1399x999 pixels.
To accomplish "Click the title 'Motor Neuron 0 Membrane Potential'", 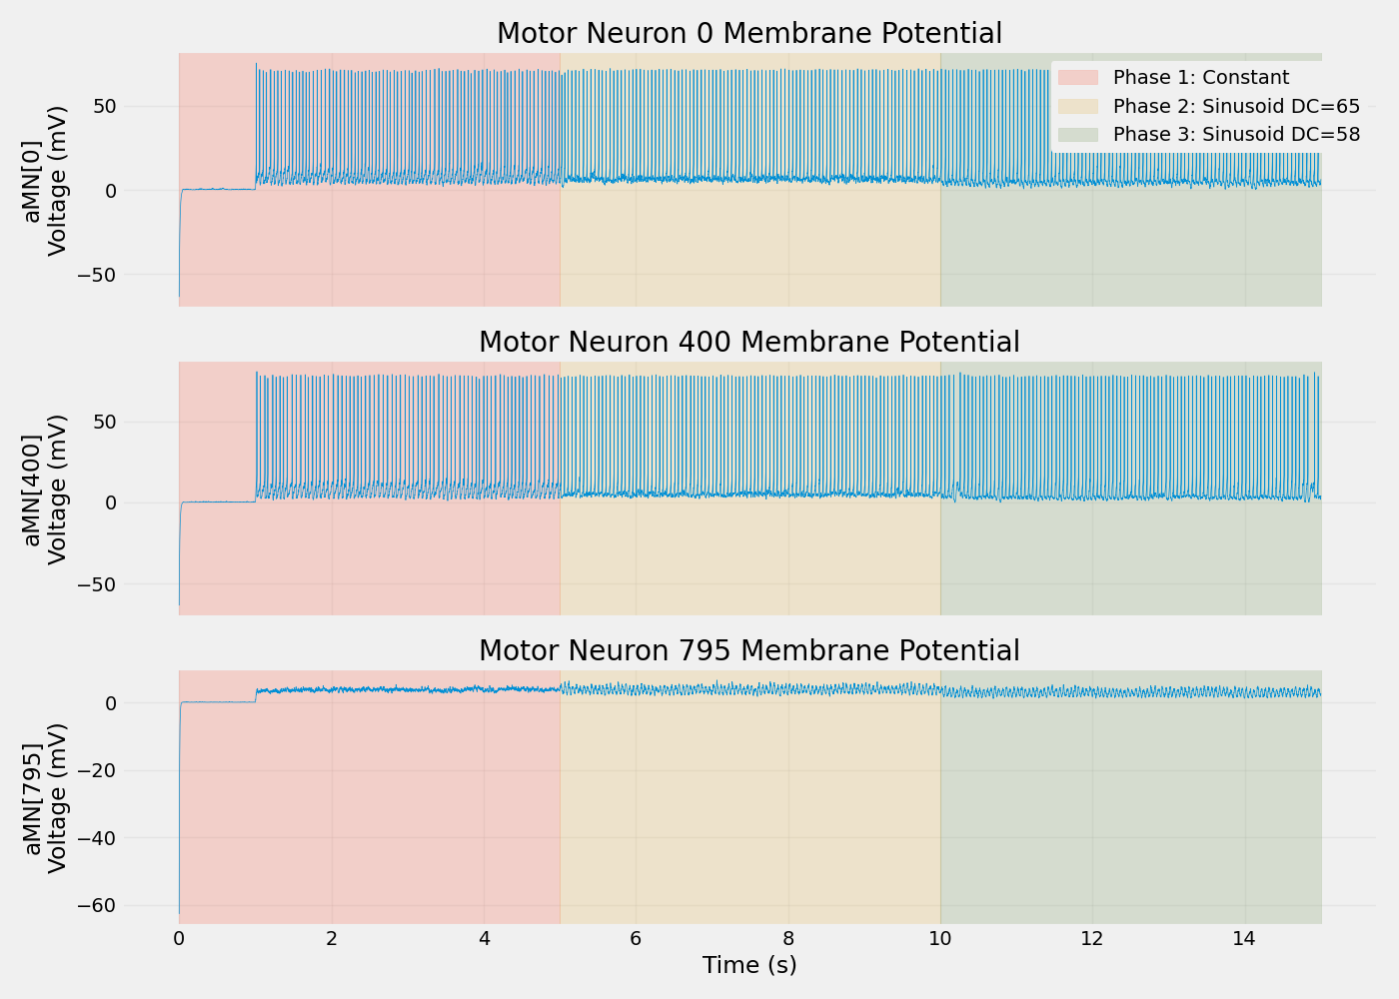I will coord(748,34).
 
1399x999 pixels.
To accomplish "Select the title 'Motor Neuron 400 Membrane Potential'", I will coord(748,343).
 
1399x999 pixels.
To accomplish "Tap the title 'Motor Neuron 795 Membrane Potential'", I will coord(748,651).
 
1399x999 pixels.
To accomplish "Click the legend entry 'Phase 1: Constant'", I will coord(1200,78).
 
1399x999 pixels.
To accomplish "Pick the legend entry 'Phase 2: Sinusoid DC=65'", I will coord(1236,106).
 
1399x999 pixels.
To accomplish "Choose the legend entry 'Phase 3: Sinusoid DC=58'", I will coord(1236,134).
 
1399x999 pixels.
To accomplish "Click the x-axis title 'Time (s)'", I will coord(748,965).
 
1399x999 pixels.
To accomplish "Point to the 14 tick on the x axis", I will coord(1244,939).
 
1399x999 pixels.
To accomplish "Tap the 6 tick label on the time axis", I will coord(636,939).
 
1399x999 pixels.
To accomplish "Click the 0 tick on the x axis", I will coord(179,939).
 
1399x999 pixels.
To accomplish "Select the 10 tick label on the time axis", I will coord(940,939).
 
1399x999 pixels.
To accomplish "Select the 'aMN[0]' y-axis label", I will coord(33,180).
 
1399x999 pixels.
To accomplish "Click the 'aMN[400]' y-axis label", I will coord(33,489).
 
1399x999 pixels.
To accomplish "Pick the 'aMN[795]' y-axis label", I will coord(33,797).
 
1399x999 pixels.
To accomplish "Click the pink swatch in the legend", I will coord(1078,78).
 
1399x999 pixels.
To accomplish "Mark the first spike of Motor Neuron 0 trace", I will coord(256,66).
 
